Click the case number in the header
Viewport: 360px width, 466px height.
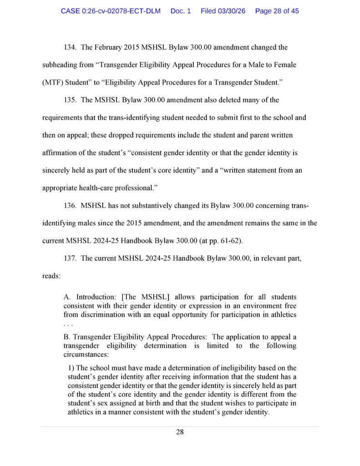[111, 11]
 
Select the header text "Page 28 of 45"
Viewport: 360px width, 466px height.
[277, 11]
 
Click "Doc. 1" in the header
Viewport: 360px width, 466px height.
[181, 11]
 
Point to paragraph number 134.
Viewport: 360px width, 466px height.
[69, 47]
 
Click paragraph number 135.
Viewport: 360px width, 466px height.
[69, 100]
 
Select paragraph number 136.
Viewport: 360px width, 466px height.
[69, 206]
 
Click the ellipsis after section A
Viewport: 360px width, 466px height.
[67, 324]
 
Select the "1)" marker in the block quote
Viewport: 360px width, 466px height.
[71, 368]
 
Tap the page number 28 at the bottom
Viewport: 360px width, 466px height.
[180, 432]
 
